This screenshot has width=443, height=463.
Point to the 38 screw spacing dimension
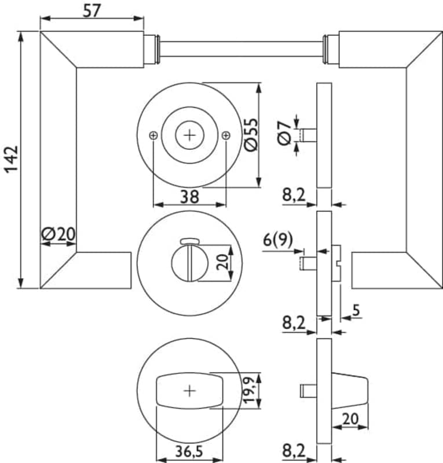point(189,197)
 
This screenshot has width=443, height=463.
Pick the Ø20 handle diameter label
point(58,234)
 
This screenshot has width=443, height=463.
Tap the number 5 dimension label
point(356,310)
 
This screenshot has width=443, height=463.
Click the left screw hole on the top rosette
point(153,135)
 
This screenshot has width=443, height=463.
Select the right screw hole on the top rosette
point(225,135)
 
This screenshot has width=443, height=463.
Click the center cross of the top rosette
point(189,135)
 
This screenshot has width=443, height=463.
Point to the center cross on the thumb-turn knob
point(189,391)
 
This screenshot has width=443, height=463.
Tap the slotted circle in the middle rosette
point(189,264)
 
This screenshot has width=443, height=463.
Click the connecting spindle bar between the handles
point(240,49)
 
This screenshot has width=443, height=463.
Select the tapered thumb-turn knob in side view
point(350,391)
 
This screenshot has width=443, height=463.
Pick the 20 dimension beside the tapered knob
point(349,418)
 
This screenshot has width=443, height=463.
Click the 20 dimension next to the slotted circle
point(222,263)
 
